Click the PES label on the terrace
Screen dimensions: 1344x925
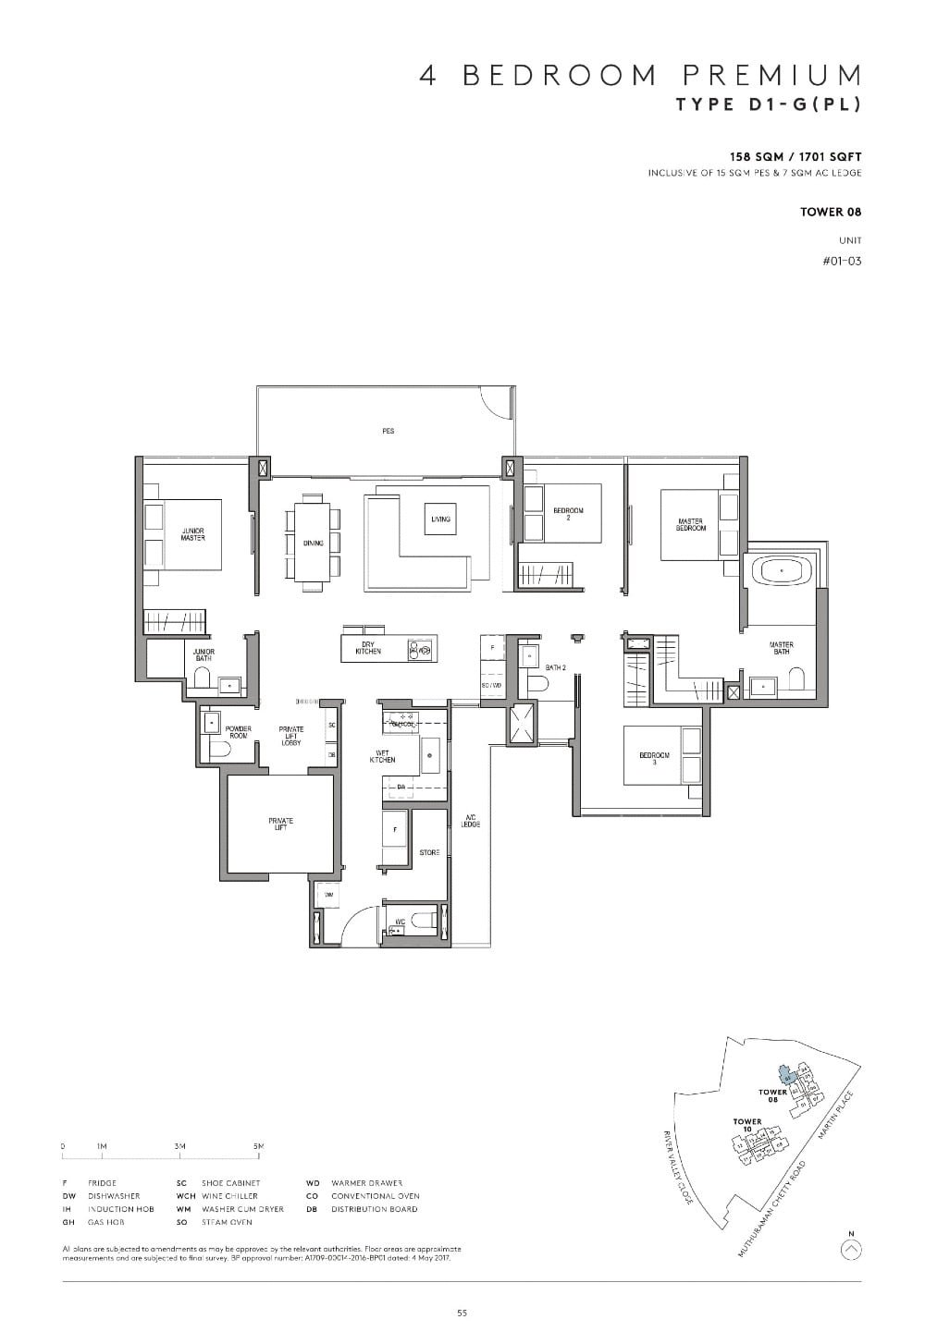pyautogui.click(x=388, y=431)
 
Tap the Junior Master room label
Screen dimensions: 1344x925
pyautogui.click(x=193, y=534)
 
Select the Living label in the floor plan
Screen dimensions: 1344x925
pyautogui.click(x=440, y=519)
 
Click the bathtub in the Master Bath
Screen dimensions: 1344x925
pyautogui.click(x=783, y=571)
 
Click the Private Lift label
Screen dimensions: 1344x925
pyautogui.click(x=280, y=824)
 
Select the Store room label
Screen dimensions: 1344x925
pyautogui.click(x=429, y=852)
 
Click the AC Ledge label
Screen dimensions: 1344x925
pyautogui.click(x=471, y=821)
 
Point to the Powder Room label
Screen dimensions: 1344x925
pyautogui.click(x=239, y=732)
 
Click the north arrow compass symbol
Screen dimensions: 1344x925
pyautogui.click(x=852, y=1250)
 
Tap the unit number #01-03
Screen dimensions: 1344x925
pyautogui.click(x=841, y=261)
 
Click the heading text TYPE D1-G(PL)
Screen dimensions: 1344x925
pyautogui.click(x=769, y=104)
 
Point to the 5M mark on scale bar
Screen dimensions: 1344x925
pyautogui.click(x=259, y=1146)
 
